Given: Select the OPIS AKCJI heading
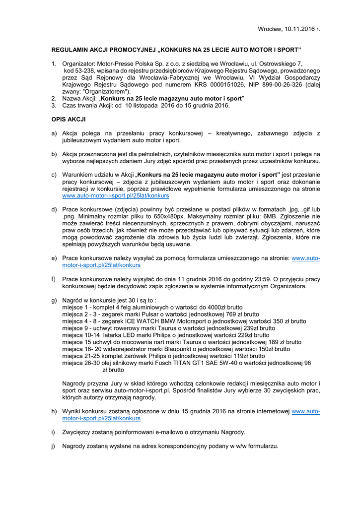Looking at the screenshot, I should pos(69,120).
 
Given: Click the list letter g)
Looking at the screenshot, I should pos(54,300).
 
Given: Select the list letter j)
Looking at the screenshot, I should pos(54,445).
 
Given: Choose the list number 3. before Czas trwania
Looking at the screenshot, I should pos(54,106).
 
